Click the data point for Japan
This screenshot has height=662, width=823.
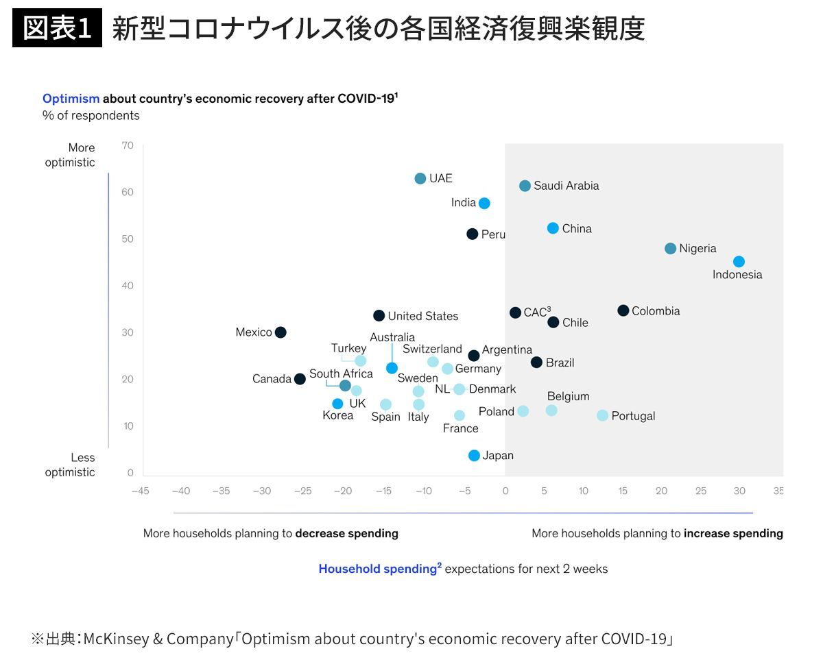point(474,455)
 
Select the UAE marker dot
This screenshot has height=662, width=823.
point(420,178)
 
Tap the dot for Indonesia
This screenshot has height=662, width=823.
point(739,261)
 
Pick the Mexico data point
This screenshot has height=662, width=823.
point(281,332)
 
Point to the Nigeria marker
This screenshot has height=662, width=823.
point(670,249)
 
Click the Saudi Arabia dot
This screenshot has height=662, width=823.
point(525,186)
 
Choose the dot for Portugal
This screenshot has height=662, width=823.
point(602,415)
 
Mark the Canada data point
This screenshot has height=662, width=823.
point(300,379)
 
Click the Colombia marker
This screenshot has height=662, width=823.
point(623,310)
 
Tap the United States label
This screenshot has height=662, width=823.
point(423,316)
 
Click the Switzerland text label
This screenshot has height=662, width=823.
point(432,349)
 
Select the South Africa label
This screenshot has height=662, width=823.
point(341,373)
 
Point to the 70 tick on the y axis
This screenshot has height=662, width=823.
point(128,145)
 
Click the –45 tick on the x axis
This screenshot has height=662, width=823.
point(141,491)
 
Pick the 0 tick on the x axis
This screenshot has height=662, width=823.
point(505,491)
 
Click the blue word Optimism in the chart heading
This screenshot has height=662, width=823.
point(71,99)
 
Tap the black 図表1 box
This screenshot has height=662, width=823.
point(57,28)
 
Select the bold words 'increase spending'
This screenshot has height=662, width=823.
point(733,533)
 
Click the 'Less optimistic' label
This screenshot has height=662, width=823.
point(70,465)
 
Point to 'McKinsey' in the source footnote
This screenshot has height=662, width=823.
point(117,639)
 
